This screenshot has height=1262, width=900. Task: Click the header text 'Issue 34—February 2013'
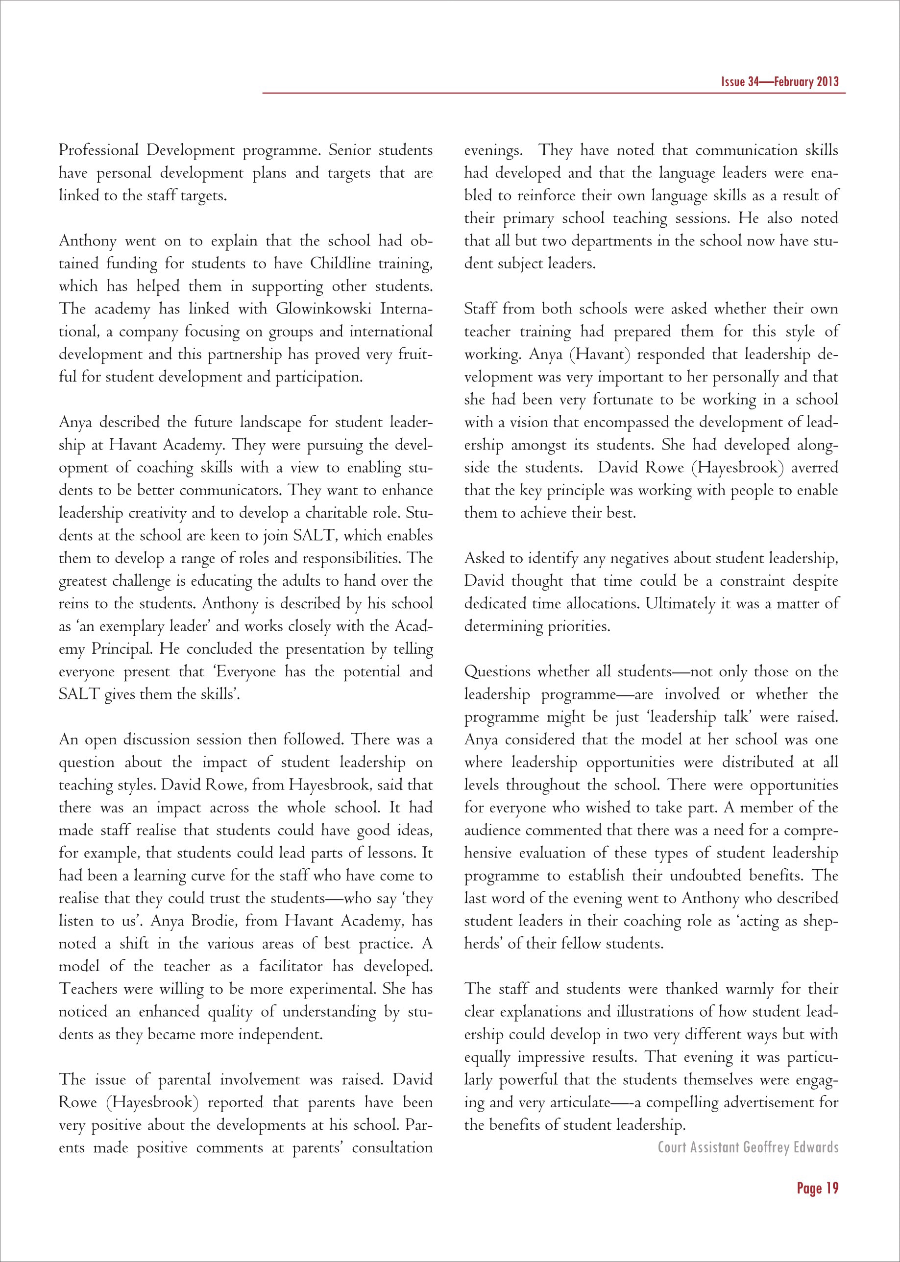point(780,82)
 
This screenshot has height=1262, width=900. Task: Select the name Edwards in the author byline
point(816,1147)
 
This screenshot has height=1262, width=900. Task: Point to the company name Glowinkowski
point(323,309)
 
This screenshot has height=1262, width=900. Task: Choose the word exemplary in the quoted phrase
point(119,626)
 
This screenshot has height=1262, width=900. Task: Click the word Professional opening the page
point(98,151)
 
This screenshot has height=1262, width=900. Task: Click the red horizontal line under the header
point(554,93)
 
